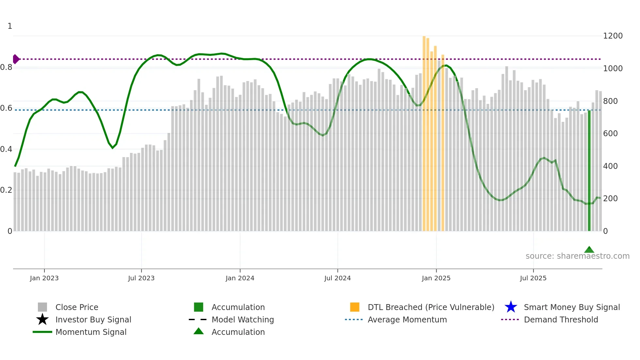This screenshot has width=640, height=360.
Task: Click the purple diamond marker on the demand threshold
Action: (16, 59)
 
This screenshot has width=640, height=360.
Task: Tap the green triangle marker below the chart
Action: (589, 250)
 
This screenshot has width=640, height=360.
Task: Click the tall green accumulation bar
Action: (589, 171)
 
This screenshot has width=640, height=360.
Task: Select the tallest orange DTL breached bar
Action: (424, 133)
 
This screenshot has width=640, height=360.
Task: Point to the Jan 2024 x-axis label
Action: (240, 278)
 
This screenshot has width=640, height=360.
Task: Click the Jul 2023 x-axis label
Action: (141, 278)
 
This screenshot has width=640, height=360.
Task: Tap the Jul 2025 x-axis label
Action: (533, 278)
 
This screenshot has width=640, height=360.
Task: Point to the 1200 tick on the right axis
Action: (613, 36)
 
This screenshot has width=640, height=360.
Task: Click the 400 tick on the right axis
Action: (610, 166)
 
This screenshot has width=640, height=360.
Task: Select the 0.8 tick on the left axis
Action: (6, 67)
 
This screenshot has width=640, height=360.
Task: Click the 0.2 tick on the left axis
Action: (6, 190)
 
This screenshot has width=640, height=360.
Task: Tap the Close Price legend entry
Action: (77, 307)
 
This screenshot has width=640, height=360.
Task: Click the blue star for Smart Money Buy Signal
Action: (511, 307)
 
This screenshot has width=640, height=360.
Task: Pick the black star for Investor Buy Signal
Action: (42, 319)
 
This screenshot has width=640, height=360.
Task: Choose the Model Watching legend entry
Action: (242, 319)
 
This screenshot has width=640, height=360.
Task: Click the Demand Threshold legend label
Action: (561, 319)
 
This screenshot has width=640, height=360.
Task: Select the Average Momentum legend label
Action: (407, 319)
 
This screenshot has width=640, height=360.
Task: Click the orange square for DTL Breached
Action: (355, 307)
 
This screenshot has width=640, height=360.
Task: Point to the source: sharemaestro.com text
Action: (577, 256)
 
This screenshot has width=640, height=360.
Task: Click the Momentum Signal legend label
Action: (91, 332)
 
